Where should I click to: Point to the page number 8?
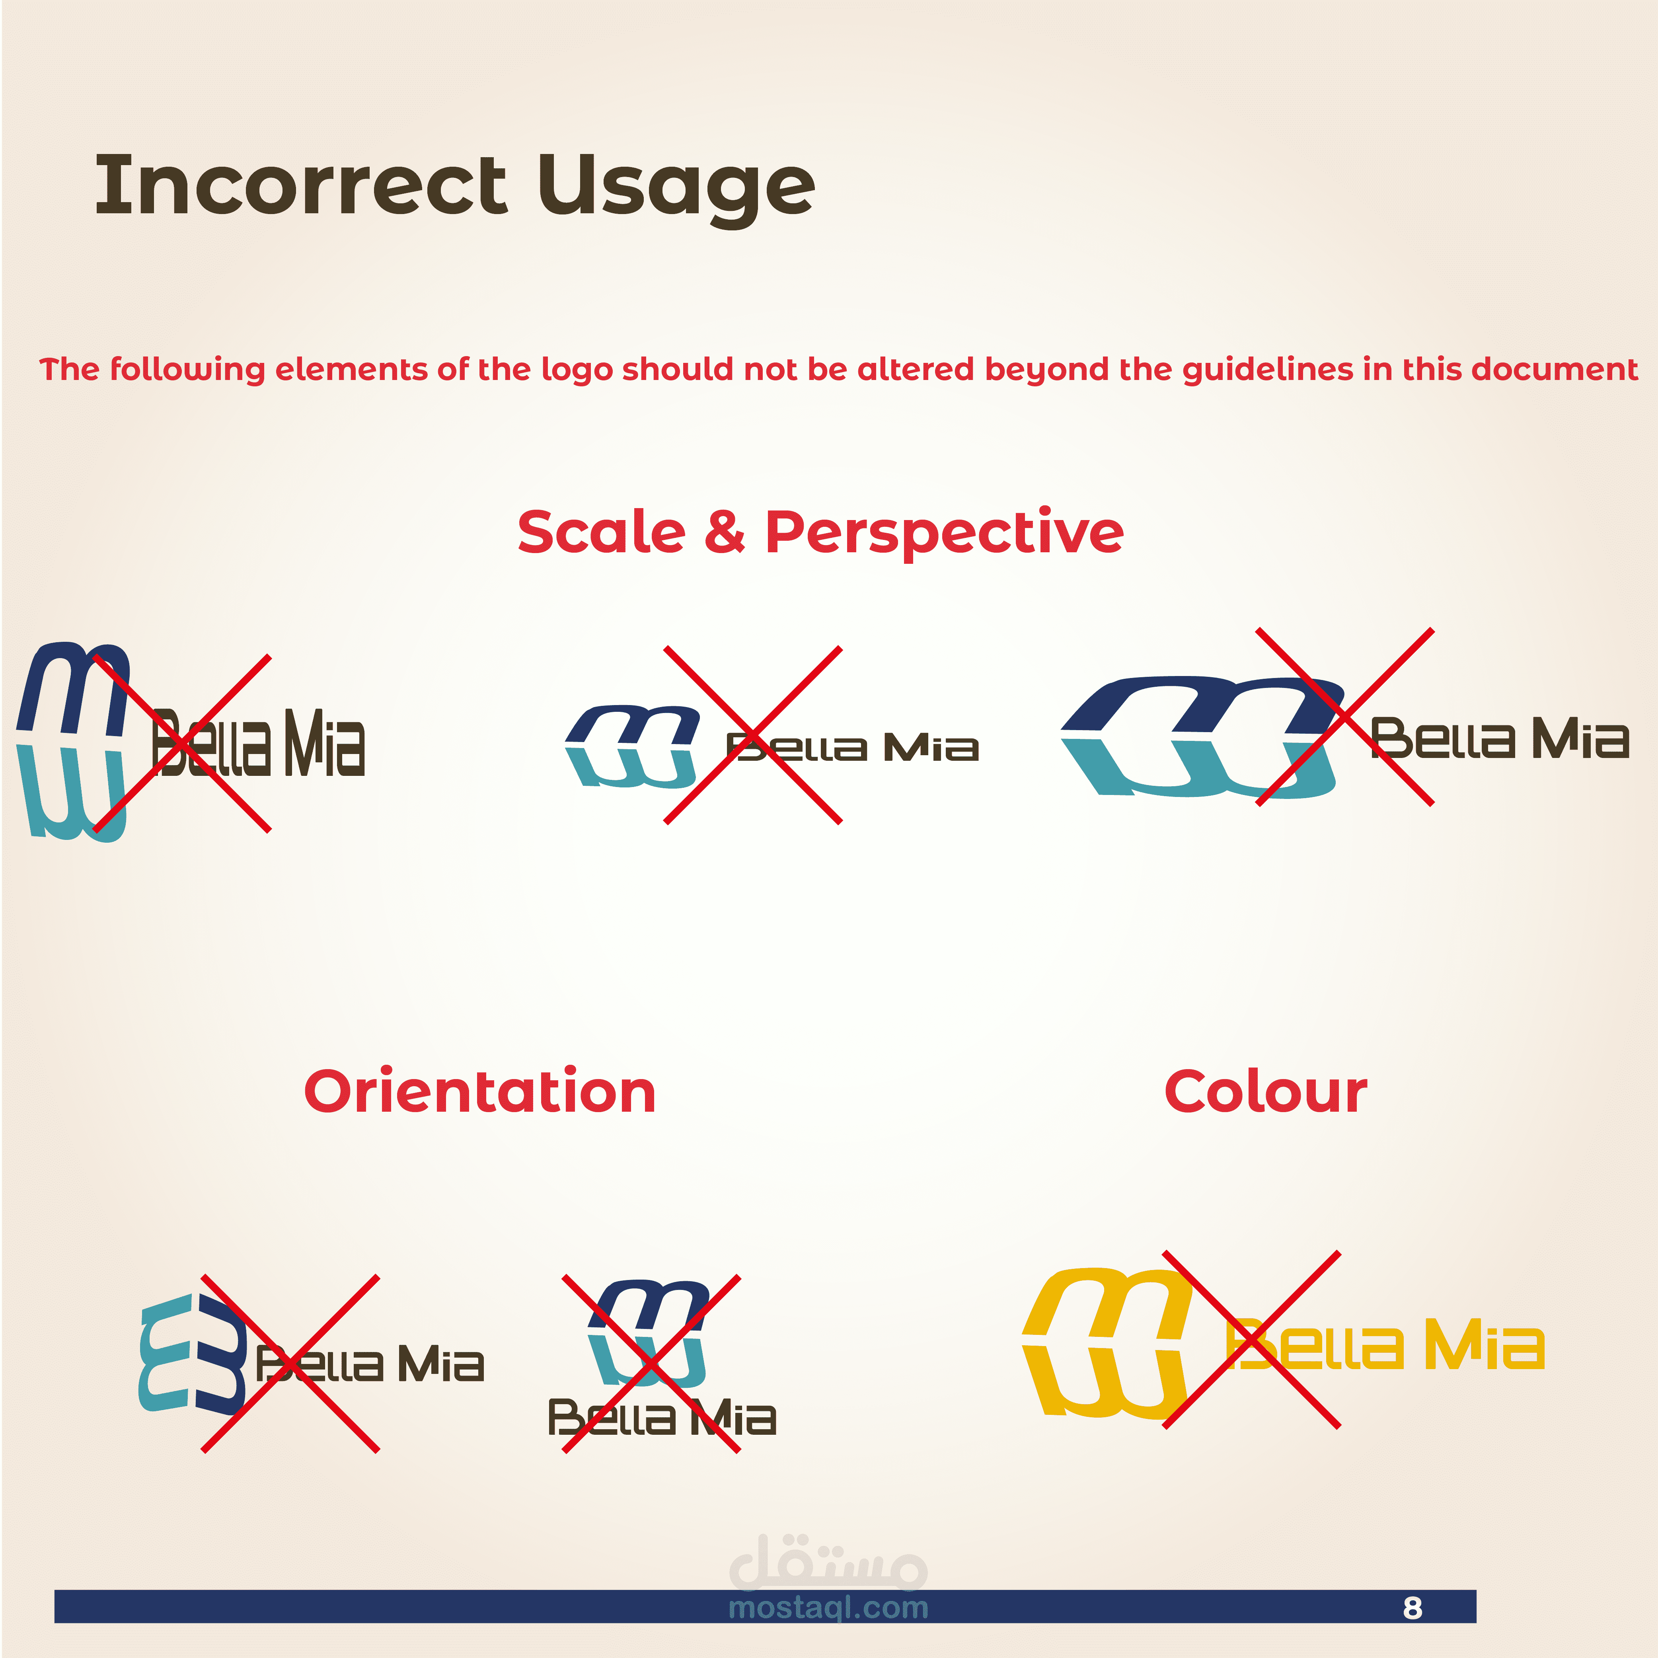1412,1607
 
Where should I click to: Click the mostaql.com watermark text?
828,1607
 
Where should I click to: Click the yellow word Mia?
1484,1345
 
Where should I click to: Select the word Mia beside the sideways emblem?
440,1364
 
